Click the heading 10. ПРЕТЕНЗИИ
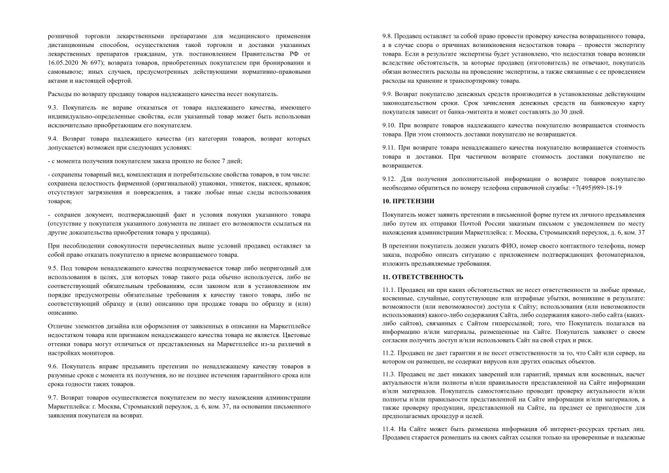(408, 201)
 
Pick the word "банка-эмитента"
(450, 112)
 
